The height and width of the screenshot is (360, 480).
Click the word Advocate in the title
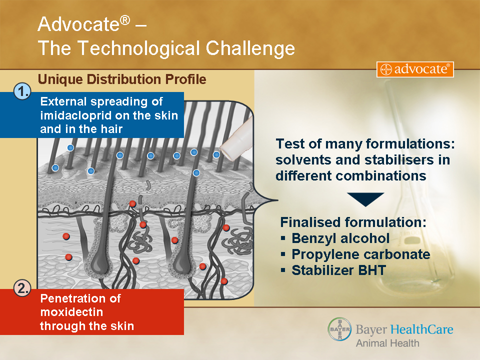coord(78,24)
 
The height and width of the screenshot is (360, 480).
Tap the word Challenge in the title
coord(250,48)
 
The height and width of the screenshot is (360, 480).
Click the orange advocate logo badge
coord(415,69)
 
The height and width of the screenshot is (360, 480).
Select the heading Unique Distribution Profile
coord(122,79)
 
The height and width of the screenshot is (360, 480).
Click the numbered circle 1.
coord(22,91)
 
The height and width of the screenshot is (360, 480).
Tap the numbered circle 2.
coord(22,288)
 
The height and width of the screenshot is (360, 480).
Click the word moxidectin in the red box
coord(71,312)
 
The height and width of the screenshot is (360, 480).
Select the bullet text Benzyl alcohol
coord(340,238)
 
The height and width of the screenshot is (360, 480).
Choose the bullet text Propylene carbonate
coord(361,254)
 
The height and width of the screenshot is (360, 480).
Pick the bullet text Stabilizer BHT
coord(338,270)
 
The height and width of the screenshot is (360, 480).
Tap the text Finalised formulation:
coord(353,222)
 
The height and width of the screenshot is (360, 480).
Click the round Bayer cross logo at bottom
coord(340,329)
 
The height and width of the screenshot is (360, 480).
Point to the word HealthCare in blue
coord(422,329)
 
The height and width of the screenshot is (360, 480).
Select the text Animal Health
coord(387,343)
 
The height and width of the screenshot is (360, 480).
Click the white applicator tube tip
coord(227,149)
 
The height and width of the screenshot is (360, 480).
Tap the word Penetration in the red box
coord(80,298)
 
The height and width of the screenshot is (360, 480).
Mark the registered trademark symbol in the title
coord(125,20)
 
